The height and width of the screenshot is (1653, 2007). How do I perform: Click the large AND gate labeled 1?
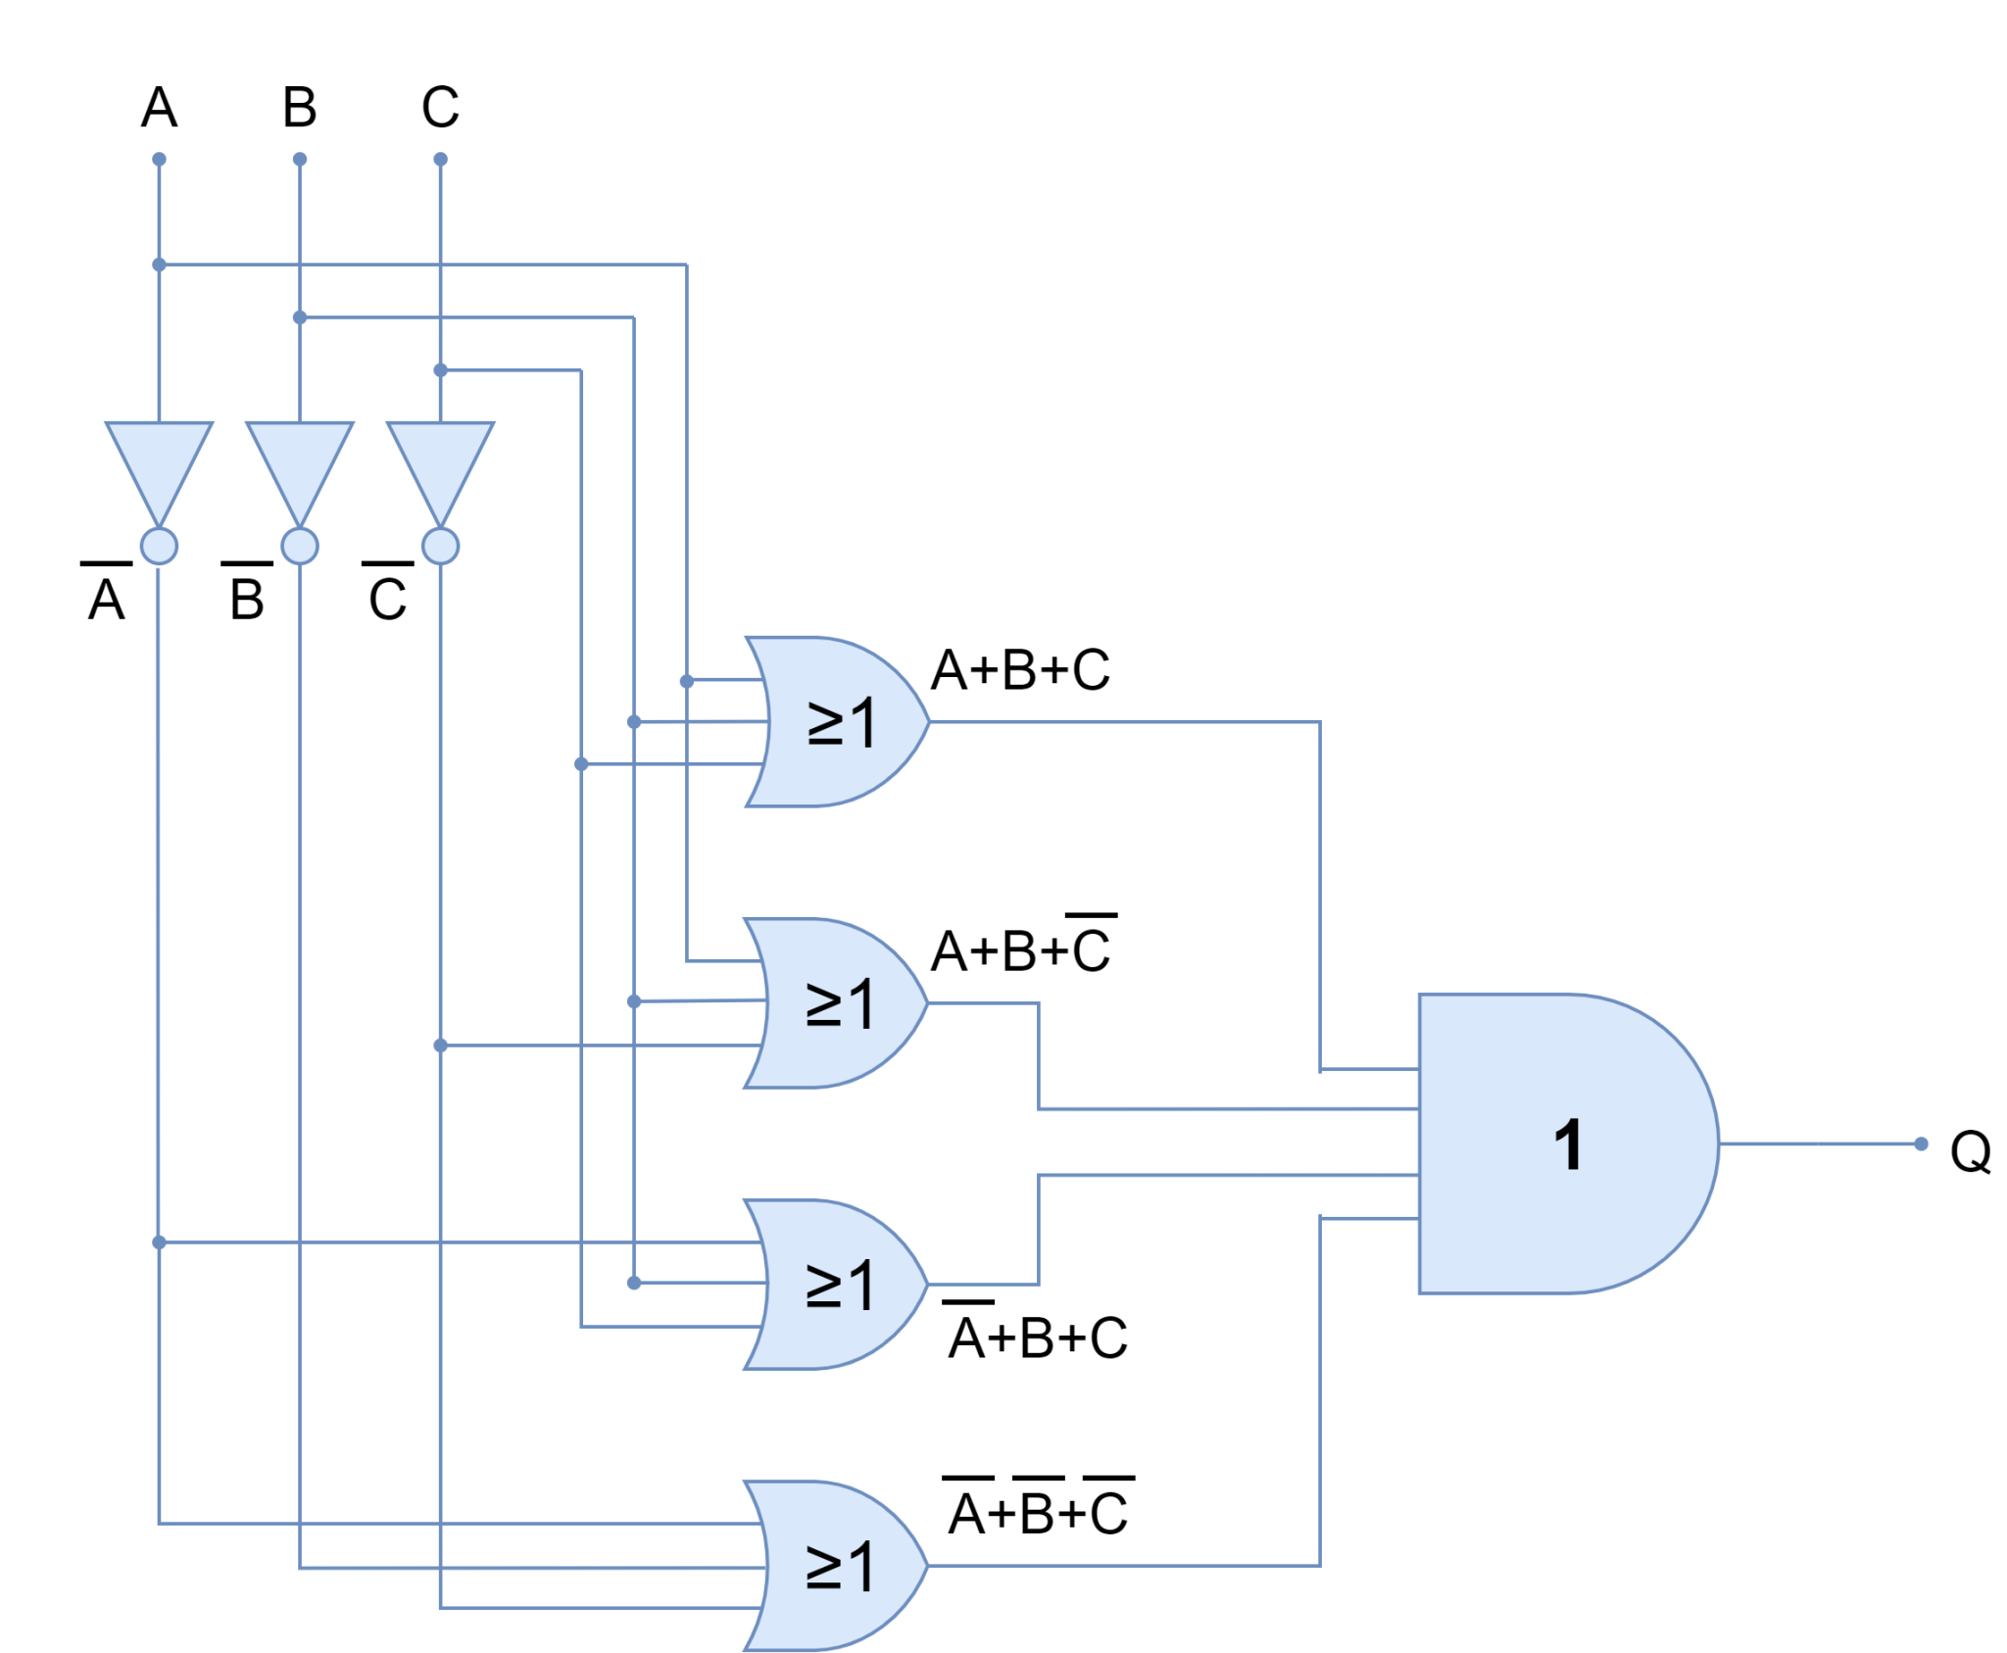coord(1548,1143)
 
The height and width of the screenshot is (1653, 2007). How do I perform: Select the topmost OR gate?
coord(833,722)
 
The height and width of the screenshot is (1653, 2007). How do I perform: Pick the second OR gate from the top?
coord(833,1003)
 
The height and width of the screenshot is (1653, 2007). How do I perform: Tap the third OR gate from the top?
coord(833,1285)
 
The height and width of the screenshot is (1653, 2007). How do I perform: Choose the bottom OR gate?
coord(833,1566)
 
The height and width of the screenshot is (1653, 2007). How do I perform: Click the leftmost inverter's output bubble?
coord(159,546)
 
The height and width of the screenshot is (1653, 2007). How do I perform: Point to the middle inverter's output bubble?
coord(300,546)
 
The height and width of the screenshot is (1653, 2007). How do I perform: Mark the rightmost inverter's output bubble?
coord(440,546)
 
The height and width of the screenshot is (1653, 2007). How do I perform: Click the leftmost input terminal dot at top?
coord(159,159)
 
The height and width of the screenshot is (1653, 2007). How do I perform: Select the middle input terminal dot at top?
coord(300,159)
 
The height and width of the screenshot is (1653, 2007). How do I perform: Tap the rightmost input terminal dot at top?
coord(440,159)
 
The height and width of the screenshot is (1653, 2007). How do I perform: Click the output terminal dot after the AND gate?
coord(1922,1143)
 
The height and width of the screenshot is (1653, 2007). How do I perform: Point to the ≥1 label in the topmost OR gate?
coord(840,724)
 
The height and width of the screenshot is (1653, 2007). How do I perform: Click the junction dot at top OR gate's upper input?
coord(687,681)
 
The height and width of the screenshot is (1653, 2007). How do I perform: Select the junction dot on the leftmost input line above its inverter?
coord(159,265)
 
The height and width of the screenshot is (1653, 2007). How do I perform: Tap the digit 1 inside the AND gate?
coord(1568,1144)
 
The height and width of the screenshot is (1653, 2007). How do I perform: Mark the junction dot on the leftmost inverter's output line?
coord(159,1242)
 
